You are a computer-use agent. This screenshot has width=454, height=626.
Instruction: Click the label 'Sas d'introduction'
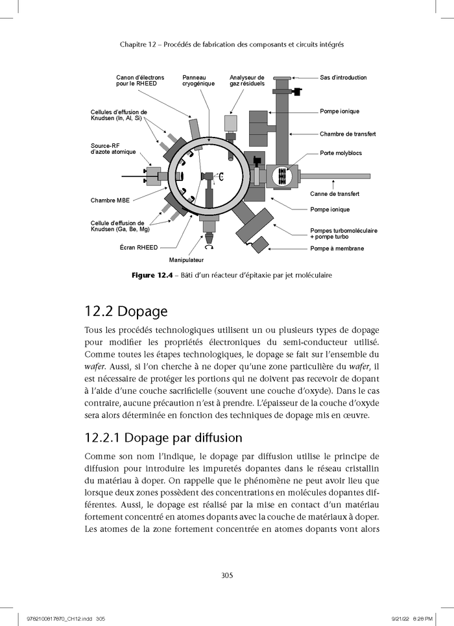pyautogui.click(x=343, y=77)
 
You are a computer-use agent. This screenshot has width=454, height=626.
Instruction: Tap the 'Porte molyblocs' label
pyautogui.click(x=340, y=153)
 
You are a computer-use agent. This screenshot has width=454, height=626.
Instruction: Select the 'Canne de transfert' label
pyautogui.click(x=335, y=193)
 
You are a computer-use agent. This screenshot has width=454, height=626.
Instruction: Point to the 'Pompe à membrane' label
pyautogui.click(x=337, y=248)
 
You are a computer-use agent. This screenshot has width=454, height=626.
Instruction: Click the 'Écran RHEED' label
pyautogui.click(x=139, y=248)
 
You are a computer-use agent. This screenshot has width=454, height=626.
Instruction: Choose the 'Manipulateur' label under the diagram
pyautogui.click(x=186, y=260)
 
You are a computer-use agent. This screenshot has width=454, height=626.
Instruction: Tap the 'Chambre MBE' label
pyautogui.click(x=110, y=200)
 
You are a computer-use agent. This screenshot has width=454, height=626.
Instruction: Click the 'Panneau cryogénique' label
pyautogui.click(x=198, y=80)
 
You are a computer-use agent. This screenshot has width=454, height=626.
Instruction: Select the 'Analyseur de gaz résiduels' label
pyautogui.click(x=246, y=80)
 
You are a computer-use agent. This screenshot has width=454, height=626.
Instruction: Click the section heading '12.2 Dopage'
pyautogui.click(x=126, y=311)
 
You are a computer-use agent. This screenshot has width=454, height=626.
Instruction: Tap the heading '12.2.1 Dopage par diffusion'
pyautogui.click(x=163, y=438)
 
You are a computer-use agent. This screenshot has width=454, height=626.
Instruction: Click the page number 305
pyautogui.click(x=227, y=575)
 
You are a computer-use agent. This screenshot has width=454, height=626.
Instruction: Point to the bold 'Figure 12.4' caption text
pyautogui.click(x=154, y=275)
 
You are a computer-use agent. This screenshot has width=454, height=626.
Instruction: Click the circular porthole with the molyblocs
pyautogui.click(x=283, y=176)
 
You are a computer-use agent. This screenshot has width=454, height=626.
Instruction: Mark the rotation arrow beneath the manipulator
pyautogui.click(x=208, y=247)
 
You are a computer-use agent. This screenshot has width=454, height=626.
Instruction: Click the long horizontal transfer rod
pyautogui.click(x=335, y=176)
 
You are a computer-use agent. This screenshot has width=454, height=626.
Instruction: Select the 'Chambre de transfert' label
pyautogui.click(x=348, y=134)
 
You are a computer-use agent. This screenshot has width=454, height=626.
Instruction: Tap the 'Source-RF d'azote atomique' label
pyautogui.click(x=113, y=149)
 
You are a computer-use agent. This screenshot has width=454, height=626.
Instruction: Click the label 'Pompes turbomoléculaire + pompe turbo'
pyautogui.click(x=344, y=234)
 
